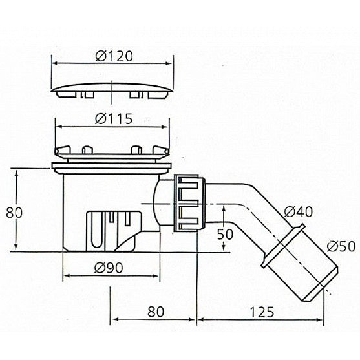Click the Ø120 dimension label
coord(114,56)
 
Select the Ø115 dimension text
coord(114,119)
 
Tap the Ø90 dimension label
coord(109,268)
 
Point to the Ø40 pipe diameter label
coord(299,212)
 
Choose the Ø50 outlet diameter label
coord(341,246)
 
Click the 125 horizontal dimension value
coord(262,312)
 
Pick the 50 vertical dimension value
coord(225,235)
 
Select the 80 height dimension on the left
coord(14,213)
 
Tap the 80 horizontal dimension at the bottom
coord(156,312)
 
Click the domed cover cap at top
coord(112,90)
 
